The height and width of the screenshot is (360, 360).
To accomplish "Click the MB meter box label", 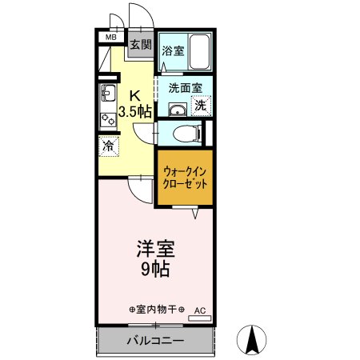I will pyautogui.click(x=111, y=37).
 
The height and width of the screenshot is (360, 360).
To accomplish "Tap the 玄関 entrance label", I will pyautogui.click(x=141, y=45).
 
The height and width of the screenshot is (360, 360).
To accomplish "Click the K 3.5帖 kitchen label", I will pyautogui.click(x=135, y=102).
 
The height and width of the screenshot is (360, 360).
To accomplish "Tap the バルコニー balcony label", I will pyautogui.click(x=156, y=342).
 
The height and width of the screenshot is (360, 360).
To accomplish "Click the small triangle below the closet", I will pyautogui.click(x=194, y=214).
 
